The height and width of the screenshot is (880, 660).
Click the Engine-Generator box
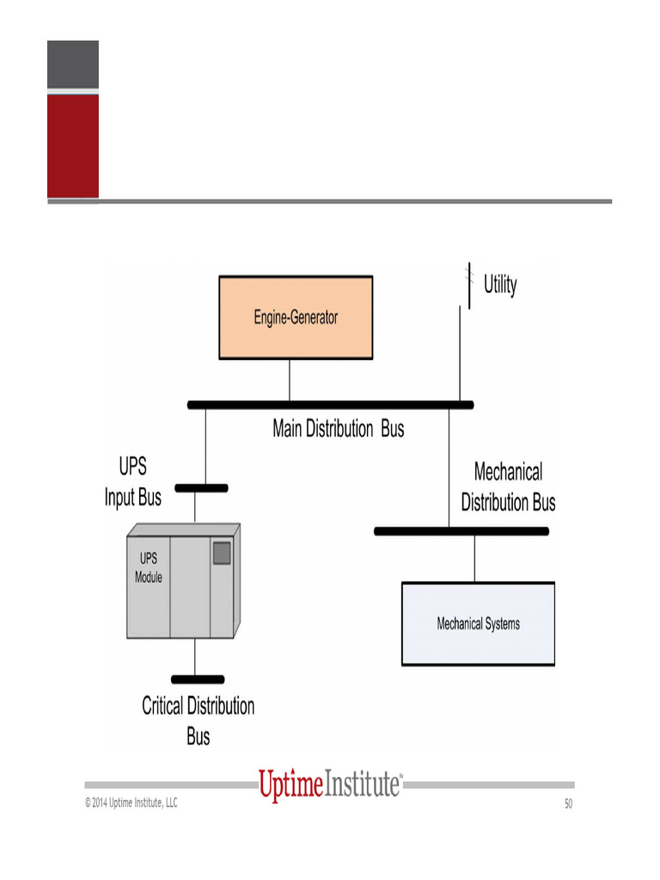pos(296,317)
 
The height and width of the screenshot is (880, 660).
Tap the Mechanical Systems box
pos(478,624)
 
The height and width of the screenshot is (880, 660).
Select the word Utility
pos(500,284)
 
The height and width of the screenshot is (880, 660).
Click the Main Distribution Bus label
pos(338,428)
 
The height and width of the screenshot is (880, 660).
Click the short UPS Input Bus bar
pos(201,488)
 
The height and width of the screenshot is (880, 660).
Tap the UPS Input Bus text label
pos(133,482)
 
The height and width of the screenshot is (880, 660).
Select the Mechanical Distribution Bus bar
pos(461,531)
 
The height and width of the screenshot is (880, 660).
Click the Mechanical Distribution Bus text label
pos(508,486)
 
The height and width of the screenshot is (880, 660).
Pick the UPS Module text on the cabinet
pos(148,567)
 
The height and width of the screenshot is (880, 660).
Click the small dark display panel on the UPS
pos(222,553)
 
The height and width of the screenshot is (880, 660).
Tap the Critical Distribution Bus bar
pos(198,679)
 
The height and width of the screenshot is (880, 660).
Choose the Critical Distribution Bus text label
pos(199,721)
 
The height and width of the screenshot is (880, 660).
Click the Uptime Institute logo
pos(330,785)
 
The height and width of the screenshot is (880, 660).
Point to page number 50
pos(568,804)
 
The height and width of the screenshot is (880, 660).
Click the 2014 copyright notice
pos(131,803)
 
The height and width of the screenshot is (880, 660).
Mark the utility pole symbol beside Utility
pos(469,284)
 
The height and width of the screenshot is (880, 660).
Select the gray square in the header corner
pos(73,64)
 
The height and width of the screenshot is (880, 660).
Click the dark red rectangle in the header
pos(73,145)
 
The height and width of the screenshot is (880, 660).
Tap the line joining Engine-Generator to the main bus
pos(290,380)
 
